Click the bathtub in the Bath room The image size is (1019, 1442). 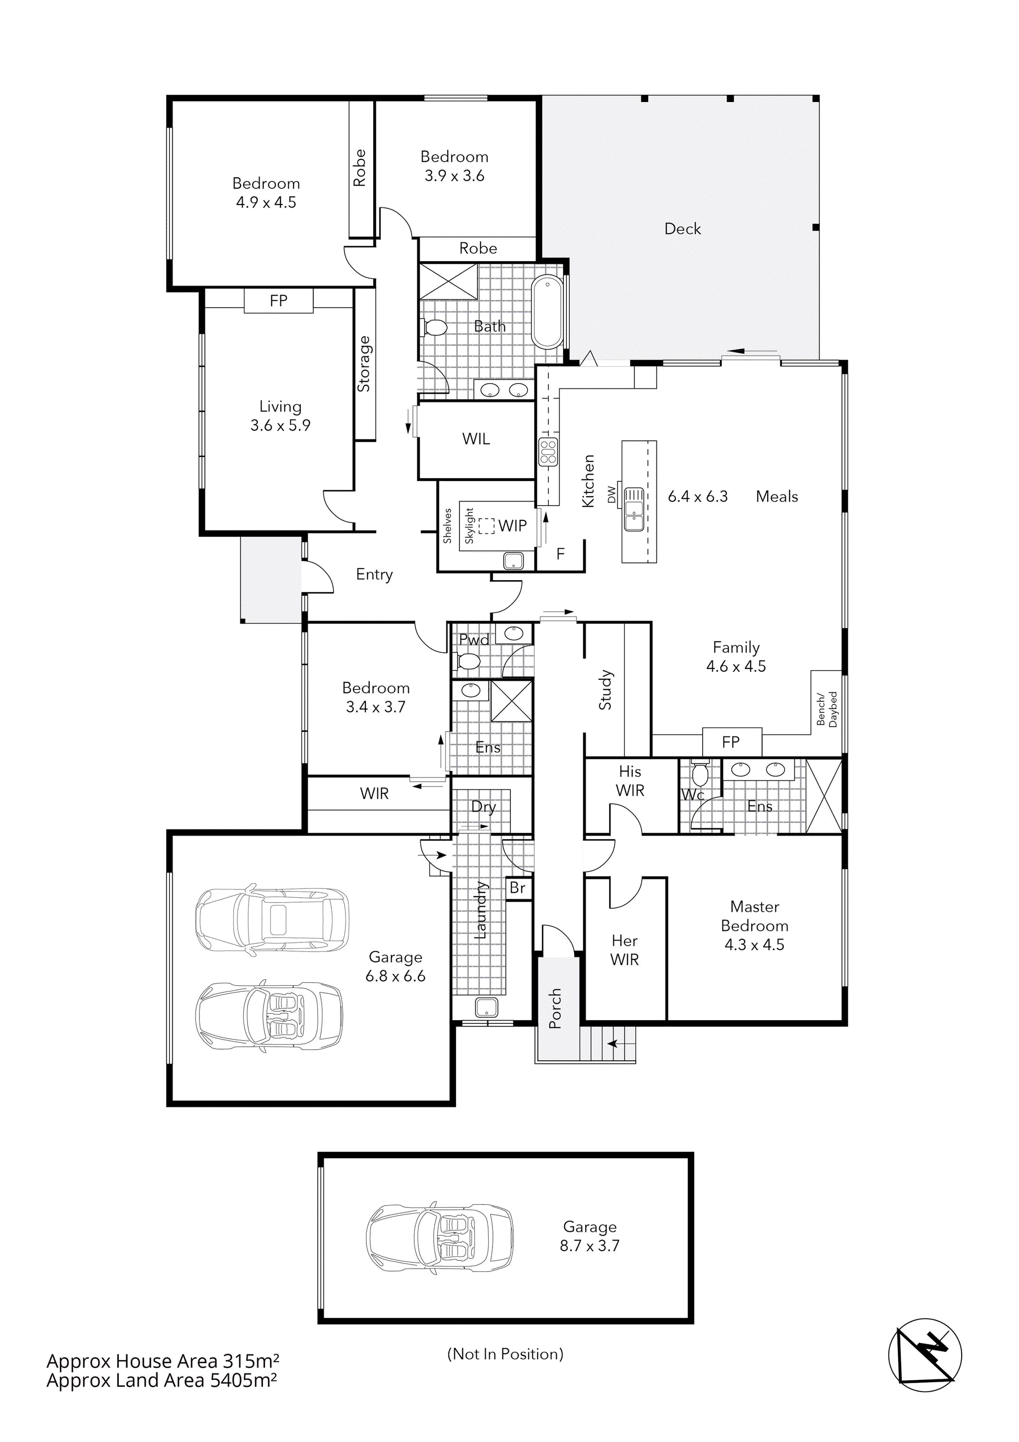(547, 312)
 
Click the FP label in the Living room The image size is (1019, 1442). (278, 301)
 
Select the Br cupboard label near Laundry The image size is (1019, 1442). (517, 888)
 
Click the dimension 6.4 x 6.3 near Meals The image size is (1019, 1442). (698, 496)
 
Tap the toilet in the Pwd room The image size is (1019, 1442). (468, 661)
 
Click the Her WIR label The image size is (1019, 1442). (624, 950)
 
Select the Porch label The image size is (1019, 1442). (555, 1008)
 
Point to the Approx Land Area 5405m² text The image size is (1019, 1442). (162, 1380)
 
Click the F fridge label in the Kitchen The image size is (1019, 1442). (560, 553)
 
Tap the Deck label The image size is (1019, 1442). (682, 229)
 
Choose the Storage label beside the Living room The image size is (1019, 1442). (364, 364)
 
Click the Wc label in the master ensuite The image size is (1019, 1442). (692, 795)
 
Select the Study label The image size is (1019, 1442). (605, 689)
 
